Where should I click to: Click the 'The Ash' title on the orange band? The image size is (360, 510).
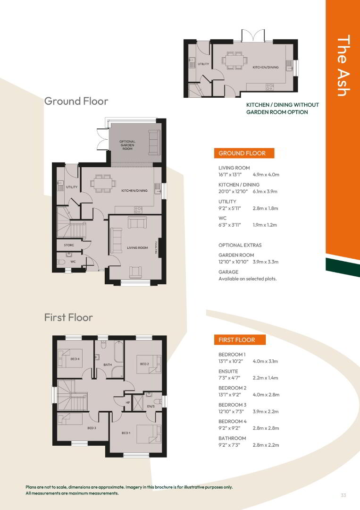coord(343,65)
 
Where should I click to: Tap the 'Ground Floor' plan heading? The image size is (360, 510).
coord(76,101)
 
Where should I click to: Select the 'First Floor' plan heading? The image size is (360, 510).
coord(68,317)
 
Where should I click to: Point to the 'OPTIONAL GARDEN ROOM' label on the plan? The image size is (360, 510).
coord(127,145)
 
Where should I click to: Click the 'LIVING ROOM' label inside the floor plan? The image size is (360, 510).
coord(137,248)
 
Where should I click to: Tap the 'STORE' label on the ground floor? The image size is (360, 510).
coord(69,245)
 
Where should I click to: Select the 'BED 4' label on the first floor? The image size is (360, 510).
coord(75,359)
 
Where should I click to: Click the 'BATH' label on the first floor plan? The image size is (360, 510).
coord(108,365)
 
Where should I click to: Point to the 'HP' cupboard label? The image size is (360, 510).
coord(128,403)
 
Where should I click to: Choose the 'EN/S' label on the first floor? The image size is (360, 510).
coord(151,407)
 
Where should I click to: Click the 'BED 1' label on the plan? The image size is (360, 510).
coord(126,433)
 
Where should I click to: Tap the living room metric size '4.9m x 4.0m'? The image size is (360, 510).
coord(266,175)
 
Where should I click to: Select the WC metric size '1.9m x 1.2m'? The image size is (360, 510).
coord(265,225)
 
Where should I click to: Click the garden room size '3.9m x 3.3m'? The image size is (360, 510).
coord(266,262)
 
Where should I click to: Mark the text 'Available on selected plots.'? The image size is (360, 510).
coord(248,279)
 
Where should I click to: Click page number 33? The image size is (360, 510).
coord(343,495)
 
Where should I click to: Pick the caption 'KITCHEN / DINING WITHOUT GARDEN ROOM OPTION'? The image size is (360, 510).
coord(282,108)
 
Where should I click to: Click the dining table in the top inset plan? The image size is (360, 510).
coord(234,60)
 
